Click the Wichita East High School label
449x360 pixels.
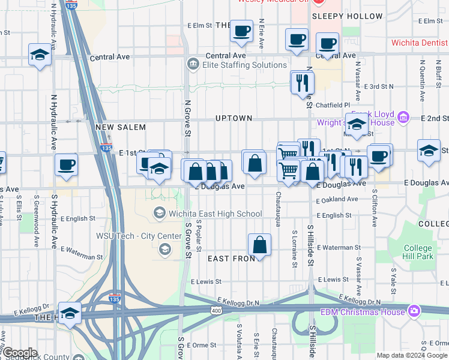pos(215,214)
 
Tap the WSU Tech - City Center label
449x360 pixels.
pos(139,236)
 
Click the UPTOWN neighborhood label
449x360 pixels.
pos(234,118)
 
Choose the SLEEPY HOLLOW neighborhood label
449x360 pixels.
pos(355,16)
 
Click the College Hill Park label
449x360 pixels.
pos(418,252)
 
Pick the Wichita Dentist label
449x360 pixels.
pos(419,43)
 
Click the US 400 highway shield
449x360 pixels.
pos(215,310)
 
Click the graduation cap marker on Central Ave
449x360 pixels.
pos(40,55)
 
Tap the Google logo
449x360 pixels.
pos(19,353)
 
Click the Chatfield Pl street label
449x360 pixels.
pos(333,105)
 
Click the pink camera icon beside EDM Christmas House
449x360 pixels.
pos(413,310)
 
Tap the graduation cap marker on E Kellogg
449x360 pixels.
pos(70,313)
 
